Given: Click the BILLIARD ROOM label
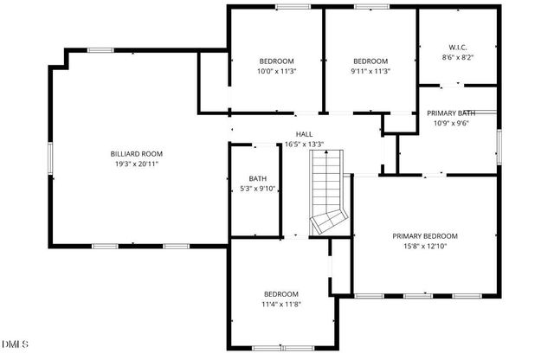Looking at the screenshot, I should pyautogui.click(x=137, y=153).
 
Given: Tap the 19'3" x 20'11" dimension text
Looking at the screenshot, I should pyautogui.click(x=137, y=164).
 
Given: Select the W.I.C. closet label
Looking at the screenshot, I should pyautogui.click(x=458, y=47).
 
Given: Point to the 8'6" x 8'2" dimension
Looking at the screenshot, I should pyautogui.click(x=458, y=57).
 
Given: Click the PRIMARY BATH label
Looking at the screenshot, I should pyautogui.click(x=451, y=113).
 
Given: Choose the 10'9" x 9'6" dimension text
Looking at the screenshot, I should pyautogui.click(x=451, y=124).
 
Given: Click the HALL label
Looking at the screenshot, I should pyautogui.click(x=304, y=134).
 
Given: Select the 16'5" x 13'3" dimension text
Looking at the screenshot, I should pyautogui.click(x=304, y=145).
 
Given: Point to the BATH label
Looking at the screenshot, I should pyautogui.click(x=258, y=179).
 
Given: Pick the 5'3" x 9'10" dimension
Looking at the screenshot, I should pyautogui.click(x=258, y=189).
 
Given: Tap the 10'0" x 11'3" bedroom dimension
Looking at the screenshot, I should pyautogui.click(x=277, y=71).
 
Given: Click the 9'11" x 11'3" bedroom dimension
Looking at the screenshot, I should pyautogui.click(x=370, y=71).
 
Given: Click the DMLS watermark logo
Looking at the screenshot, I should pyautogui.click(x=15, y=344).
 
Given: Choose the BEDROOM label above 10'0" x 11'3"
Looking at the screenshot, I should pyautogui.click(x=277, y=61).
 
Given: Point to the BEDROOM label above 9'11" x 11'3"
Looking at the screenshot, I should pyautogui.click(x=370, y=61).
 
